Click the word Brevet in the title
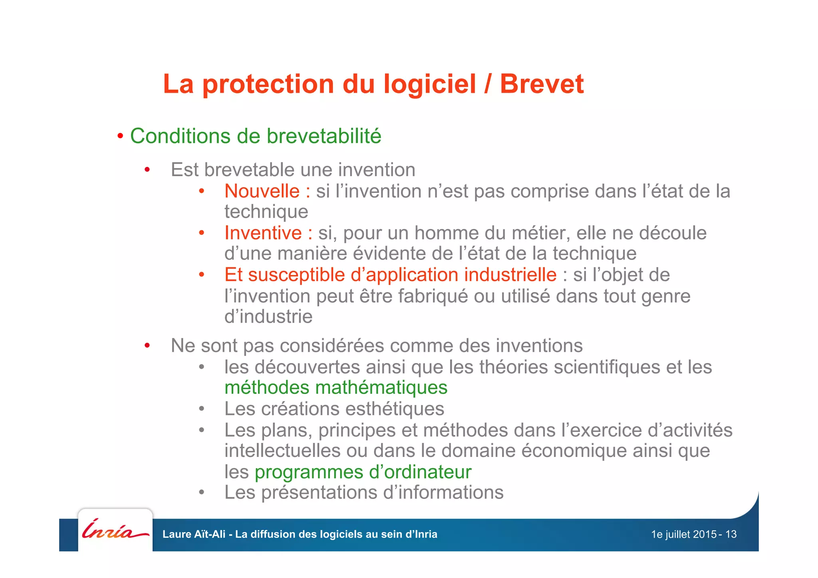542,84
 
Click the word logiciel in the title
430,84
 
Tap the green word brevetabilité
324,136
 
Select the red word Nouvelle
262,191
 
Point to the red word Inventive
263,233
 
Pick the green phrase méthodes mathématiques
336,388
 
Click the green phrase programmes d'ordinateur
363,472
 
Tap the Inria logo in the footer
115,530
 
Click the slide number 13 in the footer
731,534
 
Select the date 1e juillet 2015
683,534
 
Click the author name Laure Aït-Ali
194,534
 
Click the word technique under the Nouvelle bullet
266,212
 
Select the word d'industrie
268,317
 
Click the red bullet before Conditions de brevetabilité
120,137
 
